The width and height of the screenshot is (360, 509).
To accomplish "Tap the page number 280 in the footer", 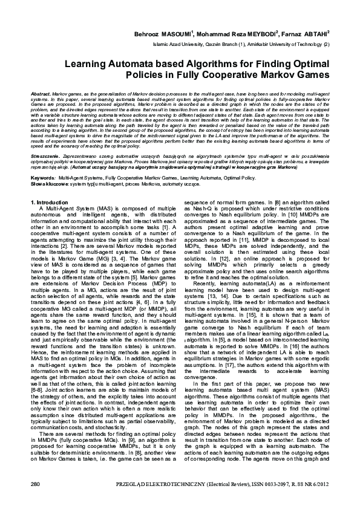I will coord(35,485).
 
